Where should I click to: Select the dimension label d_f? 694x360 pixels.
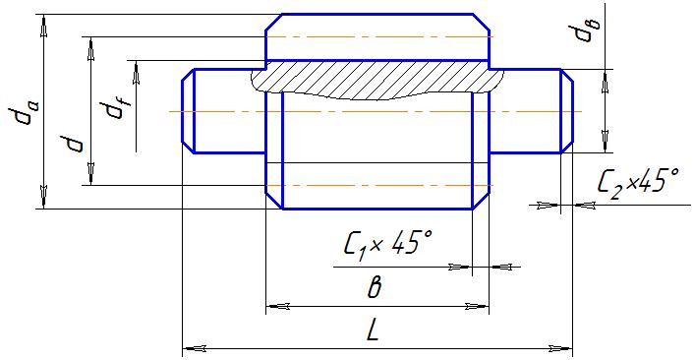pyautogui.click(x=116, y=109)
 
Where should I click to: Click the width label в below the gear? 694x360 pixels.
pyautogui.click(x=374, y=287)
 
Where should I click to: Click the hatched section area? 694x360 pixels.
pyautogui.click(x=376, y=80)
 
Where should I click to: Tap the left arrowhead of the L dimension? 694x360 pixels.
pyautogui.click(x=195, y=348)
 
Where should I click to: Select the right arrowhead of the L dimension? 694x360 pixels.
pyautogui.click(x=560, y=348)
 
